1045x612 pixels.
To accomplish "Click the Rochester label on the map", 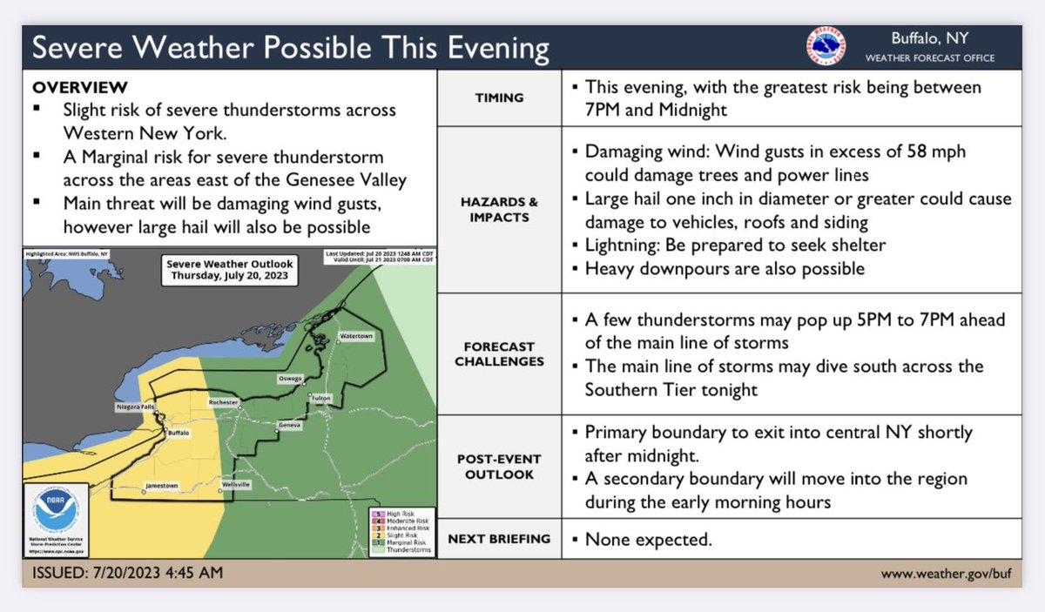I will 223,403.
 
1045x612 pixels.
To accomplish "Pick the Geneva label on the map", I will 289,425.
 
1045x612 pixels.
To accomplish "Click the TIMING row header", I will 499,98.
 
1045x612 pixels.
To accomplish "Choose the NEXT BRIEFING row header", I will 499,539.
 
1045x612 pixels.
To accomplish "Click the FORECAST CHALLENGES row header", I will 499,353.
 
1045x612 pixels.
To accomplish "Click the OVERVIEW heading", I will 79,88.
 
